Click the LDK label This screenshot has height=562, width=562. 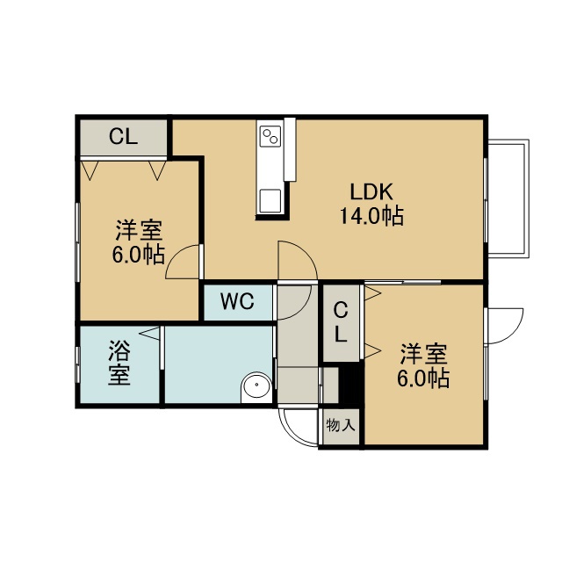(371, 191)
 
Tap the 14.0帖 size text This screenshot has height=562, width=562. (371, 216)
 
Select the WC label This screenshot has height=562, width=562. (237, 301)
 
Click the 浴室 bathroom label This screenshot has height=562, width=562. (119, 363)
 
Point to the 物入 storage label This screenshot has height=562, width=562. (341, 425)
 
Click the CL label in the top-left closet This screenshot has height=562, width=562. (123, 137)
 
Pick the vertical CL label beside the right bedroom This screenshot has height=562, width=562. (341, 322)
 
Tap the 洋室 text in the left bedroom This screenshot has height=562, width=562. (139, 230)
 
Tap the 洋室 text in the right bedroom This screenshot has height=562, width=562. (423, 354)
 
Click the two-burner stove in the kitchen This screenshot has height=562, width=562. (271, 136)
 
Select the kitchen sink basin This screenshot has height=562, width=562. (270, 201)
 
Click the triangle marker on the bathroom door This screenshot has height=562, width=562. (149, 334)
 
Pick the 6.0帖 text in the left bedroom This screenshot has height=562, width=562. (139, 255)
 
